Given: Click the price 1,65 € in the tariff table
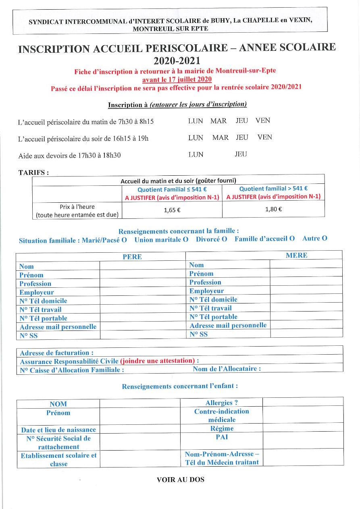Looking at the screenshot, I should (172, 210).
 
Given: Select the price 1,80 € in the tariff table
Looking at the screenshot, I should (273, 209).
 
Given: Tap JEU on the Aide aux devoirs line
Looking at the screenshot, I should (241, 154).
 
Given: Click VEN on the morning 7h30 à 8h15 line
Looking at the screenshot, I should (262, 120).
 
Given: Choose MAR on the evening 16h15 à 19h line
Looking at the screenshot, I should (220, 137).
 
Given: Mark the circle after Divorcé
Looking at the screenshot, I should (224, 239).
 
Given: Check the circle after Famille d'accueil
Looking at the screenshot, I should (292, 239).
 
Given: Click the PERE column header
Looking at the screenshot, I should (132, 257).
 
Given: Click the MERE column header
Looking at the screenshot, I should (296, 255).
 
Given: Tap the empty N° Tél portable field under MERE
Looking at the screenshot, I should (306, 317).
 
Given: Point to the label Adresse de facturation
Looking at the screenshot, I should (56, 353).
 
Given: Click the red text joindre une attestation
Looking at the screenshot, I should (158, 361).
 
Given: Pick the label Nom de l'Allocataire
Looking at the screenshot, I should (227, 369).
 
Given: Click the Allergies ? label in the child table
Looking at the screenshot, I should (221, 403).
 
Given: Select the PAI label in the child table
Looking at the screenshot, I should (221, 437).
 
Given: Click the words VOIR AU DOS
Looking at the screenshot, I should (180, 480).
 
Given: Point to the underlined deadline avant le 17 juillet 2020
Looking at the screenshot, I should (177, 79).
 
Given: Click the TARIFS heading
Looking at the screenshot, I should (33, 172).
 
